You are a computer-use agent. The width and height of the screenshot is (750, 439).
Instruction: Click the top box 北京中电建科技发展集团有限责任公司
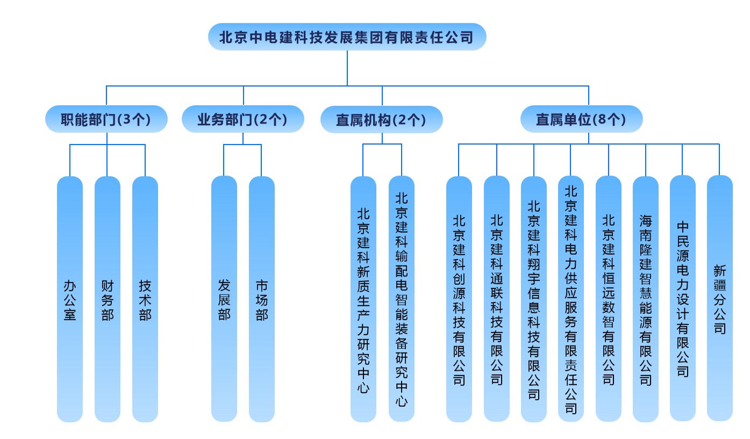pyautogui.click(x=347, y=37)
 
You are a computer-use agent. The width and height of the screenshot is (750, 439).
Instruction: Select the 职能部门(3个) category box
pyautogui.click(x=106, y=119)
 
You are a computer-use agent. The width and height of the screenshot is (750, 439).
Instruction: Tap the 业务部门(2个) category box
pyautogui.click(x=243, y=119)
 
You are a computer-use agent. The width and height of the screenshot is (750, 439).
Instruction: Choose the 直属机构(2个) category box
pyautogui.click(x=382, y=119)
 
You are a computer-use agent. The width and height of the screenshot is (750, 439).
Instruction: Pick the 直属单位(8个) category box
pyautogui.click(x=581, y=119)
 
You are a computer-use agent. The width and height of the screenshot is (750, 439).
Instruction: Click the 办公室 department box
pyautogui.click(x=70, y=299)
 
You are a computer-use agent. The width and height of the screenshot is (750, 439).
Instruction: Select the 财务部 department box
pyautogui.click(x=108, y=299)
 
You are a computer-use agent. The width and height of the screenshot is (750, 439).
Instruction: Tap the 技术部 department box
pyautogui.click(x=145, y=299)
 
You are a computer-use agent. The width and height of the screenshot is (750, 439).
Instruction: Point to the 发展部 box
pyautogui.click(x=224, y=299)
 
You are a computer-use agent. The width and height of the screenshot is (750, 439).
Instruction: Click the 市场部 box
pyautogui.click(x=262, y=299)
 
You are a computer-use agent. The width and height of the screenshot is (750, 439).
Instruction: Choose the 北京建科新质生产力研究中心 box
pyautogui.click(x=363, y=299)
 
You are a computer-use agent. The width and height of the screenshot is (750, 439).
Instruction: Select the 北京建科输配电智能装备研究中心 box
pyautogui.click(x=402, y=299)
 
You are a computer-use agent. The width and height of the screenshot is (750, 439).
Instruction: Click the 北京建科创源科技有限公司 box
pyautogui.click(x=459, y=299)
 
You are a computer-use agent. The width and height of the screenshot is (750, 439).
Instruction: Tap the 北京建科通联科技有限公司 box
pyautogui.click(x=497, y=299)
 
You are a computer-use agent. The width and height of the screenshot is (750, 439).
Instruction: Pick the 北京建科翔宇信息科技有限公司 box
pyautogui.click(x=534, y=299)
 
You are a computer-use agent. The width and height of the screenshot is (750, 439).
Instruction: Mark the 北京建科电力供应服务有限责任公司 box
pyautogui.click(x=571, y=299)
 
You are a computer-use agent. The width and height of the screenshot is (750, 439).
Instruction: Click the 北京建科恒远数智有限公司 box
pyautogui.click(x=609, y=299)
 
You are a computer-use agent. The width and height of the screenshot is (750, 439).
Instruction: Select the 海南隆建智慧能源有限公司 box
pyautogui.click(x=646, y=299)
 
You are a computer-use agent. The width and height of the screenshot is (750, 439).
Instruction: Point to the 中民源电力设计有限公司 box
pyautogui.click(x=683, y=299)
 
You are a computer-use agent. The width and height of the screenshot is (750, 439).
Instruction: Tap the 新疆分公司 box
pyautogui.click(x=720, y=299)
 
